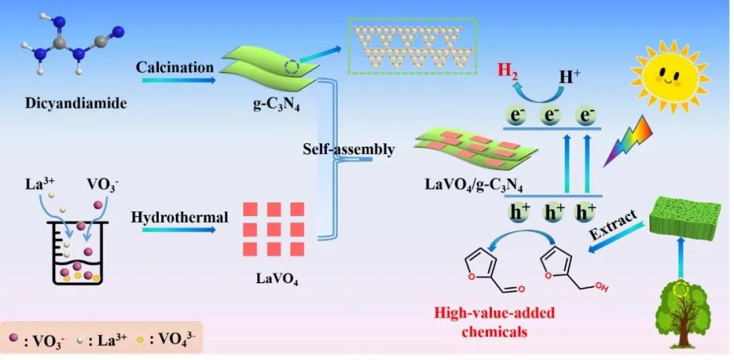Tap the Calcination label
tap(175, 67)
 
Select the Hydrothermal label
tap(179, 217)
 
